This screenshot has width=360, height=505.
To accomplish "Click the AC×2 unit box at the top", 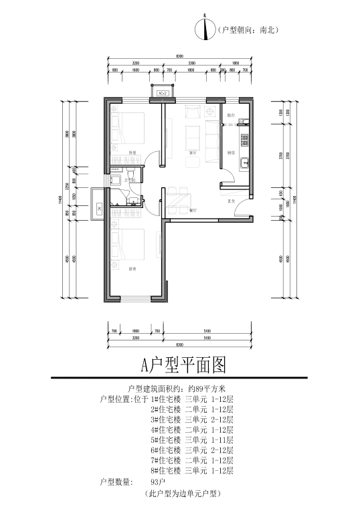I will tap(162, 94).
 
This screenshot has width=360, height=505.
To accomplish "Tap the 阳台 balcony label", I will tap(231, 116).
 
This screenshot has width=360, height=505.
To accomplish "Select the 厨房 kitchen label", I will tap(230, 153).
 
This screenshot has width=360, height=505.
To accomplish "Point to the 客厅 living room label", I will tap(193, 153).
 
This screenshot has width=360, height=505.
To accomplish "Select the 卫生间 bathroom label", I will tap(130, 179).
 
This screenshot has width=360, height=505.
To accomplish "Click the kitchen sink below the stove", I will tap(245, 161).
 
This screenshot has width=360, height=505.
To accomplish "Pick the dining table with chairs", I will tap(180, 195).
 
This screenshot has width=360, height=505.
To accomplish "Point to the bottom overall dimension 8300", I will tap(179, 344).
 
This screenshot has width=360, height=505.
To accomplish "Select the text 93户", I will tap(157, 481).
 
